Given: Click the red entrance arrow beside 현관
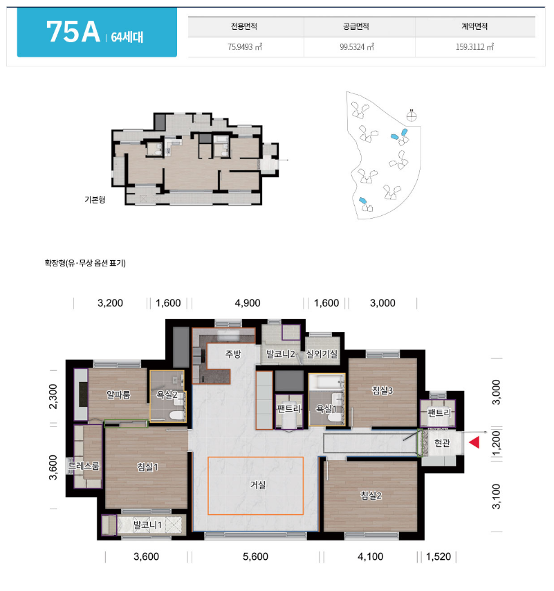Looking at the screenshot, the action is coord(474,442).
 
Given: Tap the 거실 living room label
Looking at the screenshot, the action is coord(258,484).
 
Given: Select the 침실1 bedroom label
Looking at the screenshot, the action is coord(147,467).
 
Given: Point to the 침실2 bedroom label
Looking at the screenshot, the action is coord(371,495).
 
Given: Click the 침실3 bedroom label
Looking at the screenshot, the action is coord(382,390).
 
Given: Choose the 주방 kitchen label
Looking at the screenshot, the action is coord(233,354).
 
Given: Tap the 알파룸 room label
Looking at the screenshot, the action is coord(118,394).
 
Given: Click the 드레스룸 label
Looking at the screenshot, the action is coord(84,466).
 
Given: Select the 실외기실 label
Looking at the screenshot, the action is coord(322,354).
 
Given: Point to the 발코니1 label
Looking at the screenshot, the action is coord(147,525).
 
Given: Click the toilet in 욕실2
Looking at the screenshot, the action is coord(176,415).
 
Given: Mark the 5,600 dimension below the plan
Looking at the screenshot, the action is coord(255,556).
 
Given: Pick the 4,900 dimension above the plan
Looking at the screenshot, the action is coord(248,303).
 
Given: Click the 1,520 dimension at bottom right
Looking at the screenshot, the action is coord(438,556).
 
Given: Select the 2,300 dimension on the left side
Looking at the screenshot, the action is coord(53,396).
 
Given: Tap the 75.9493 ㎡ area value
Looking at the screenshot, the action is coord(245,47).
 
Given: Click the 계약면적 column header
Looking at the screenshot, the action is coord(474,26).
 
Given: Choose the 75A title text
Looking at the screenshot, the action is coord(73,32).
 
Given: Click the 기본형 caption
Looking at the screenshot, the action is coord(95,199).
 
